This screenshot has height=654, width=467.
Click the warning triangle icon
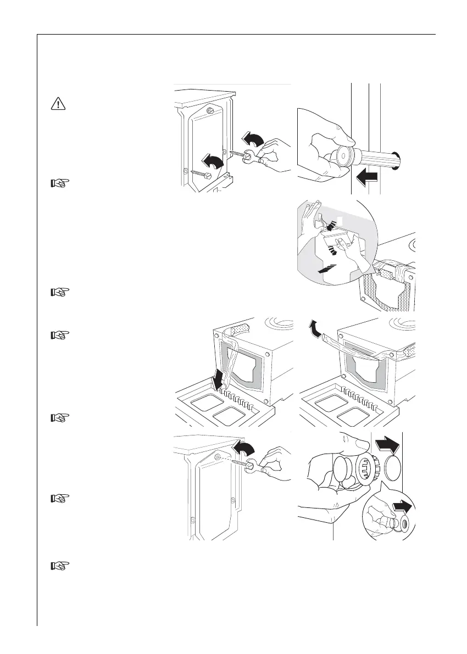(57, 103)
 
